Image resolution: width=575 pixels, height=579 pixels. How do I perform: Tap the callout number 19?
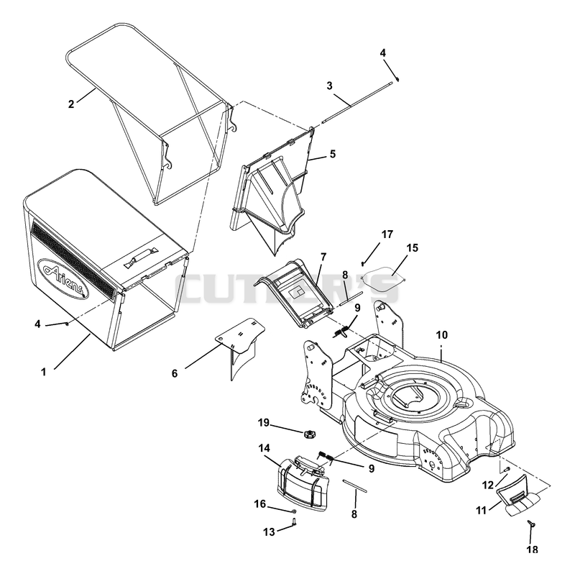pyautogui.click(x=264, y=422)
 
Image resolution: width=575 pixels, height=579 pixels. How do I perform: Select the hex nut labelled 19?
pyautogui.click(x=308, y=434)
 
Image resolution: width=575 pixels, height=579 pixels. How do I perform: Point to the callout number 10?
pyautogui.click(x=441, y=335)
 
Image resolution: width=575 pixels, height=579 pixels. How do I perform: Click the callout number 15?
pyautogui.click(x=413, y=247)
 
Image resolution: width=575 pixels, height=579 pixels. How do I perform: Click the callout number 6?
pyautogui.click(x=175, y=373)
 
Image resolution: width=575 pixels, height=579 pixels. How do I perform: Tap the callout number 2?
pyautogui.click(x=71, y=104)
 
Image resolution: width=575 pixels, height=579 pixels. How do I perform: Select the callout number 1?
pyautogui.click(x=44, y=372)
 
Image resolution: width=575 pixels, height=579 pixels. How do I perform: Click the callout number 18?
pyautogui.click(x=532, y=550)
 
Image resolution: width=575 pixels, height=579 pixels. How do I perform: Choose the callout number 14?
pyautogui.click(x=264, y=448)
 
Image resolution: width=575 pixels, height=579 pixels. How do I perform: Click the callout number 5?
pyautogui.click(x=333, y=154)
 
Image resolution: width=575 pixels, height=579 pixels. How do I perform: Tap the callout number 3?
pyautogui.click(x=329, y=86)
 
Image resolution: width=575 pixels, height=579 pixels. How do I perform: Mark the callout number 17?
pyautogui.click(x=387, y=234)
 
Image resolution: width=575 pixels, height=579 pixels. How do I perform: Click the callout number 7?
pyautogui.click(x=323, y=257)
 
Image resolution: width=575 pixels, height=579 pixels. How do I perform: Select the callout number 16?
pyautogui.click(x=259, y=503)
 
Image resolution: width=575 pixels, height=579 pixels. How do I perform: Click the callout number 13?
pyautogui.click(x=269, y=532)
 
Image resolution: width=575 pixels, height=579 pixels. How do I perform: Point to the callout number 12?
pyautogui.click(x=488, y=485)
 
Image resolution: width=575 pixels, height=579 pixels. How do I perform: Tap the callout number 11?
pyautogui.click(x=482, y=511)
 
